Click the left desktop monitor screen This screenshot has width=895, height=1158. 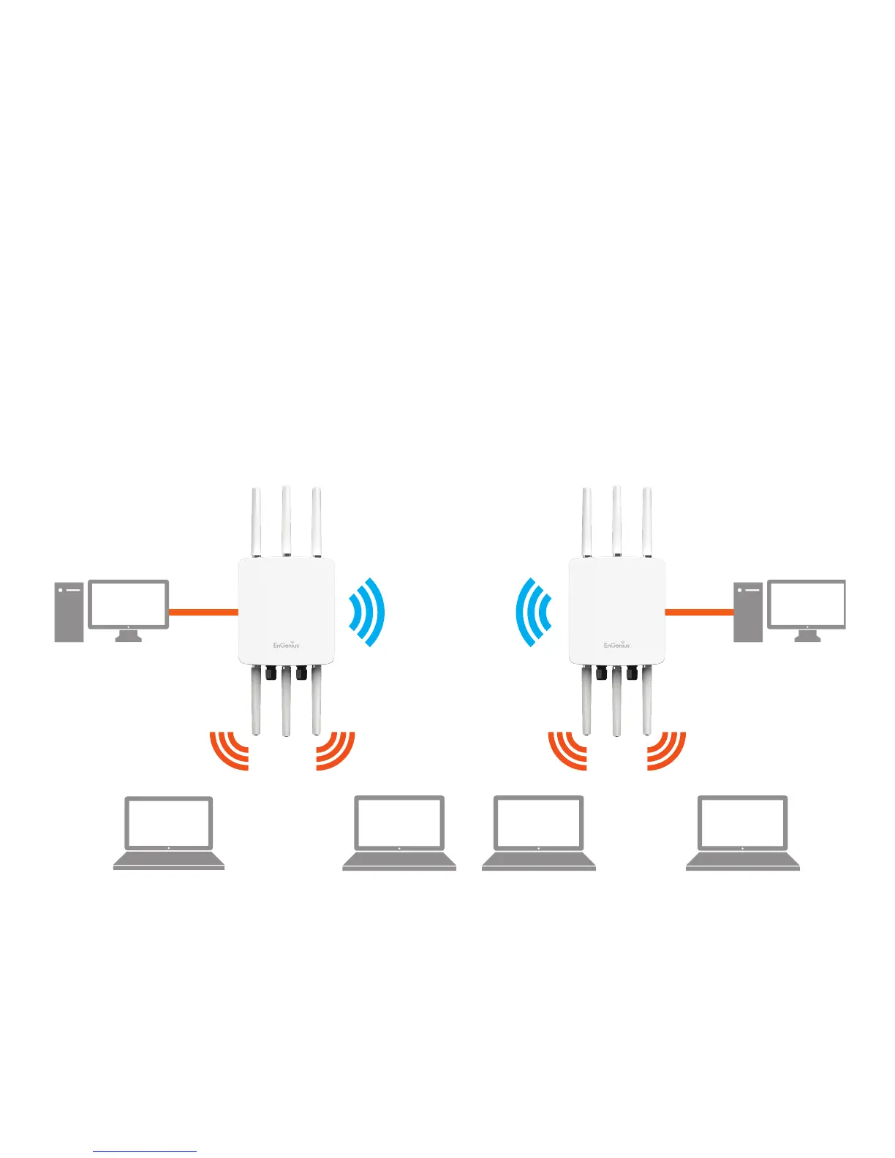coord(129,604)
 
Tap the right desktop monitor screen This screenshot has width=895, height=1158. coord(807,604)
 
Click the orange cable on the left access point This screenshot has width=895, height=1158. coord(203,612)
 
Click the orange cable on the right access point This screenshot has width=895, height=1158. coord(699,612)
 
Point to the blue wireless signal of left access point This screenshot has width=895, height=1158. coord(368,613)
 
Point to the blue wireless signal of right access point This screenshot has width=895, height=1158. coord(532,613)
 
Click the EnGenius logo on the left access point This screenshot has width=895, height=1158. coord(287,645)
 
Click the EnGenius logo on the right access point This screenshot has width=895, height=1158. coord(616,645)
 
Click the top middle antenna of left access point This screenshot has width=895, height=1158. coord(286,521)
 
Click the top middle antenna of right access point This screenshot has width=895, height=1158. coord(616,521)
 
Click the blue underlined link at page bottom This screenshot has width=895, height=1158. coord(145,1151)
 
